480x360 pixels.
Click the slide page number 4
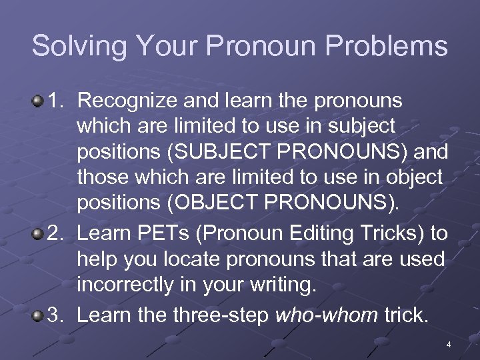pos(449,345)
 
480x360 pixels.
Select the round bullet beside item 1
pos(39,101)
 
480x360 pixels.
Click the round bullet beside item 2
pos(39,233)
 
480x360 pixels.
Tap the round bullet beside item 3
pos(39,314)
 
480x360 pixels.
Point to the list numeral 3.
pos(57,314)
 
